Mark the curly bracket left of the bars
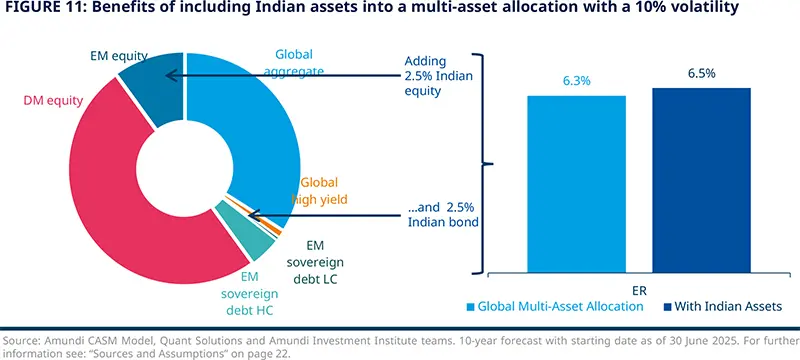487,162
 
